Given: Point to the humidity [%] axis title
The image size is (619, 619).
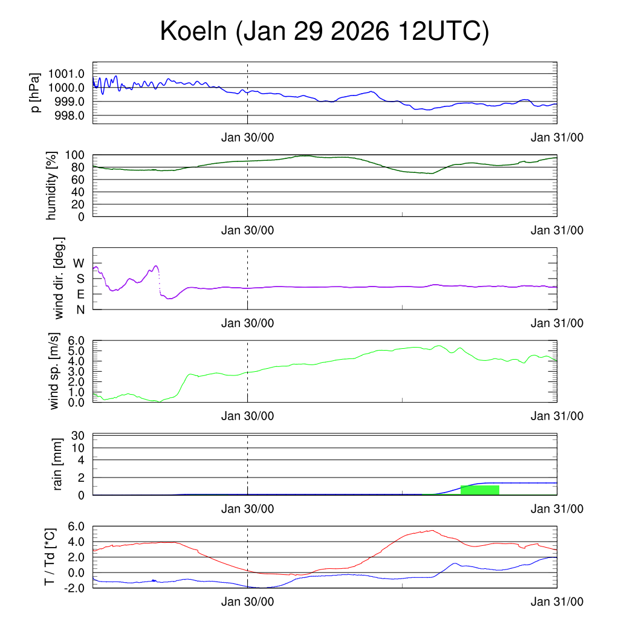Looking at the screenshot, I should click(52, 185).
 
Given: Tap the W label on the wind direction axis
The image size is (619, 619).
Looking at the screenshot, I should click(79, 263).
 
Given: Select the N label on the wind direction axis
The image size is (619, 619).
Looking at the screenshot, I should click(79, 309).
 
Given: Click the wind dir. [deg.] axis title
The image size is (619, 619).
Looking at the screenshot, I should click(59, 278).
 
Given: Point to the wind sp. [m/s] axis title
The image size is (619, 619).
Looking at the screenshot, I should click(55, 371).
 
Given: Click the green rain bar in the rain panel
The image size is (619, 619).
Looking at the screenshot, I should click(479, 490).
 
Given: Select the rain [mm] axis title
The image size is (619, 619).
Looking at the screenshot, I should click(58, 464).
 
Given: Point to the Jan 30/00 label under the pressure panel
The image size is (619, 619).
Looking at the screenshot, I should click(247, 137).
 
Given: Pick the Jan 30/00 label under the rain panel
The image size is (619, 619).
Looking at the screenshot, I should click(247, 509).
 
